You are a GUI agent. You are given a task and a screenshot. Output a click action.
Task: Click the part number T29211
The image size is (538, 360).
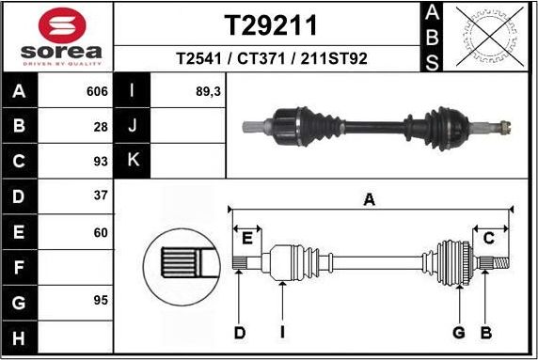pos(269,24)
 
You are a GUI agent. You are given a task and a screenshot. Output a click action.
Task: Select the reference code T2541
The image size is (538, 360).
pos(198,58)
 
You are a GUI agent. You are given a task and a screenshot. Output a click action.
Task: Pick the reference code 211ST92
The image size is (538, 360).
pos(331,58)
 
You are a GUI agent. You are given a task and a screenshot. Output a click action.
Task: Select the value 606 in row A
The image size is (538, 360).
pos(98,93)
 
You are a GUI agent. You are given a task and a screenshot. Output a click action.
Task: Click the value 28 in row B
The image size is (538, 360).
pos(102,126)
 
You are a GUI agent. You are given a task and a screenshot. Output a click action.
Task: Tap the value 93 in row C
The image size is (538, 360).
pos(102,161)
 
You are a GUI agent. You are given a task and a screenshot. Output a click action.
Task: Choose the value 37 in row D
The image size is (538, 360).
pos(102,196)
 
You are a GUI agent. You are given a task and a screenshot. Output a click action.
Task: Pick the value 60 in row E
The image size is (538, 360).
pos(102,232)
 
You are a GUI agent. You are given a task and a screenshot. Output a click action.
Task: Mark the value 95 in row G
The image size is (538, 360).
pos(102,301)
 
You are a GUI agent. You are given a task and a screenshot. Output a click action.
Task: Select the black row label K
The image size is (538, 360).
pos(133,161)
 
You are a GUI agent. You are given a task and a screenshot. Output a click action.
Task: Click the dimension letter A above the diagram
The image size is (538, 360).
pos(370,199)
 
